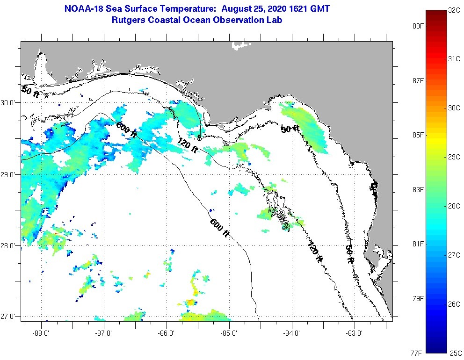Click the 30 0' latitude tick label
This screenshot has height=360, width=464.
pyautogui.click(x=9, y=103)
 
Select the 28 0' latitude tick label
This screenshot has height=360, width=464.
pyautogui.click(x=9, y=245)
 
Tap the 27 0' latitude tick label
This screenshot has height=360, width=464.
pyautogui.click(x=9, y=317)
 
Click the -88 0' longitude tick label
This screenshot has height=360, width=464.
pyautogui.click(x=42, y=333)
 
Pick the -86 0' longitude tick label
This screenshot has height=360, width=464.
pyautogui.click(x=167, y=333)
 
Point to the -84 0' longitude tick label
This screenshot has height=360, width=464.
pyautogui.click(x=292, y=333)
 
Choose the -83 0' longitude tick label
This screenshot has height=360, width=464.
pyautogui.click(x=355, y=333)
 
